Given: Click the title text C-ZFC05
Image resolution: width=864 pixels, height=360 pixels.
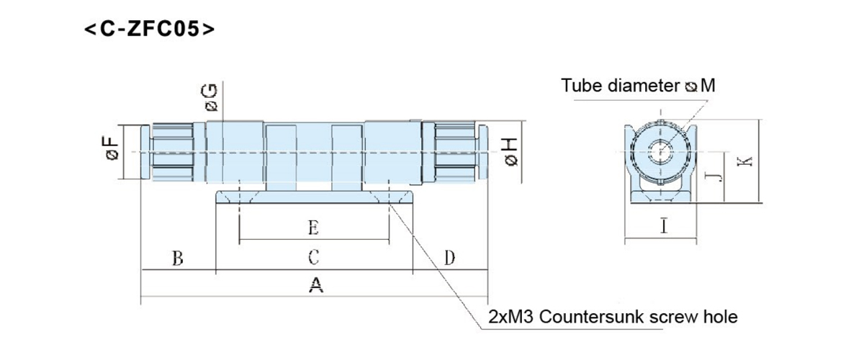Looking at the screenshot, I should (149, 30).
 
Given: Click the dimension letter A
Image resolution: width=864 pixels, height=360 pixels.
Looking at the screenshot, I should (315, 286).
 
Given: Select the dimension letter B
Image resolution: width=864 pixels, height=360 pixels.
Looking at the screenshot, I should (177, 257).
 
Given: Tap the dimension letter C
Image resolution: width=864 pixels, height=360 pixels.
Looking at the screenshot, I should (314, 257).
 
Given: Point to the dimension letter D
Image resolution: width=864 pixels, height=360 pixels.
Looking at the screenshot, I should (449, 257).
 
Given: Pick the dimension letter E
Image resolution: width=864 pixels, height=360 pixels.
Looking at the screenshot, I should (313, 228).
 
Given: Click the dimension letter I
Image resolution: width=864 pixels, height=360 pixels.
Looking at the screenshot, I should (663, 228).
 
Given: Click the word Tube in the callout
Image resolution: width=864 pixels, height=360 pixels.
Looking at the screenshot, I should (580, 86).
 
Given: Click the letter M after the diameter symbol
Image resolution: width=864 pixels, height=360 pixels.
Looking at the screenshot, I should (708, 86).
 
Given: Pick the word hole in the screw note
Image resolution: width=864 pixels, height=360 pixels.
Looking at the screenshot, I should (722, 317).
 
